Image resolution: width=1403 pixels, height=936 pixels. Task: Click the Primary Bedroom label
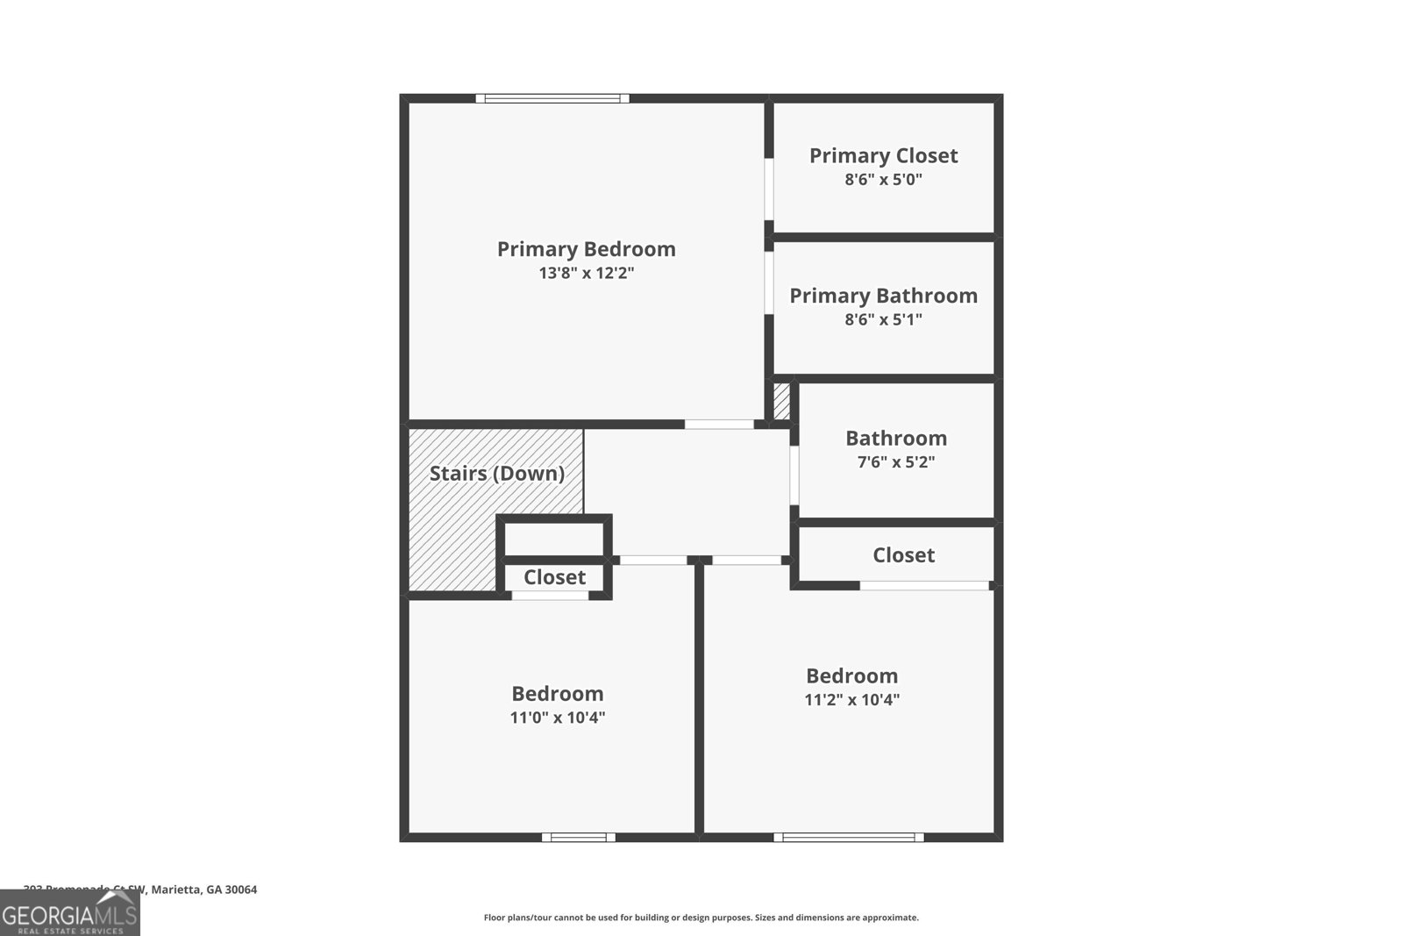pyautogui.click(x=586, y=249)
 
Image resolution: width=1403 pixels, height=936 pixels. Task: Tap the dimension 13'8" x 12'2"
pyautogui.click(x=586, y=273)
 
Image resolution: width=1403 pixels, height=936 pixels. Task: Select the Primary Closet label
pyautogui.click(x=883, y=156)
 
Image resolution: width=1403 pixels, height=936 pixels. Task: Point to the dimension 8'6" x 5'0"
pyautogui.click(x=883, y=180)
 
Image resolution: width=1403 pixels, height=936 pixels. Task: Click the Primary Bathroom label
pyautogui.click(x=883, y=296)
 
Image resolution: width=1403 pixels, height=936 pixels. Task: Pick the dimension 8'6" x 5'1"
pyautogui.click(x=883, y=319)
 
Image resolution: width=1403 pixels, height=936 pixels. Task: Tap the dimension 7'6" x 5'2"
pyautogui.click(x=895, y=461)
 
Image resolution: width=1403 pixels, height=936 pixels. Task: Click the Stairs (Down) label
pyautogui.click(x=496, y=474)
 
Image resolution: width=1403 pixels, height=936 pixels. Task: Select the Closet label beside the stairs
pyautogui.click(x=554, y=577)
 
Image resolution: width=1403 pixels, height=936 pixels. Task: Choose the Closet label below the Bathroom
pyautogui.click(x=903, y=555)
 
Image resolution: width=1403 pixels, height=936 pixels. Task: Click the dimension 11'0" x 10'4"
pyautogui.click(x=558, y=718)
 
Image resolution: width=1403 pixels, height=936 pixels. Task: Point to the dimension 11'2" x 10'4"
pyautogui.click(x=851, y=700)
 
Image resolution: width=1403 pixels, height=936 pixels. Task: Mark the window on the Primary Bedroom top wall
pyautogui.click(x=552, y=98)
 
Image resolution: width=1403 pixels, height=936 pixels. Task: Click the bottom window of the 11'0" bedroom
pyautogui.click(x=579, y=837)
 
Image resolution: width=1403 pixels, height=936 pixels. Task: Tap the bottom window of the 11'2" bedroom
pyautogui.click(x=848, y=837)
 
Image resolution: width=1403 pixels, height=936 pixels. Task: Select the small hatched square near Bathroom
pyautogui.click(x=781, y=402)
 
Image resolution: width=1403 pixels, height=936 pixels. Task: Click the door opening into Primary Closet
pyautogui.click(x=769, y=189)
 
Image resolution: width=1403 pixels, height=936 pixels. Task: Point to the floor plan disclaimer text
pyautogui.click(x=701, y=918)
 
